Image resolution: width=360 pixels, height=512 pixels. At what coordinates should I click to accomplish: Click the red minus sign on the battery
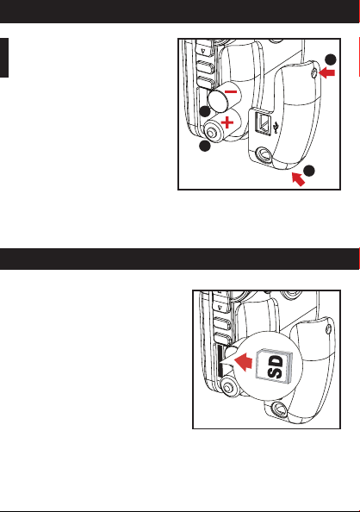231,91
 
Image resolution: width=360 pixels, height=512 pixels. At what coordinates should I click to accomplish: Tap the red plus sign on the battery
227,123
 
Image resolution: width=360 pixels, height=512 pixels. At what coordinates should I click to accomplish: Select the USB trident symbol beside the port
276,128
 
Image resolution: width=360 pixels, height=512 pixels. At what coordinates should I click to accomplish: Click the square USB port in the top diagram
263,122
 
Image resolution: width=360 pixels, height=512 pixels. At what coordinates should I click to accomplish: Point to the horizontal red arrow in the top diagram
326,72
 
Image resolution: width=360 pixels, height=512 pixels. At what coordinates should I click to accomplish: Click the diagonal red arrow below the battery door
298,179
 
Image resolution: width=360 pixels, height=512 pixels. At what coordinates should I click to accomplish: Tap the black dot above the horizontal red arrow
331,59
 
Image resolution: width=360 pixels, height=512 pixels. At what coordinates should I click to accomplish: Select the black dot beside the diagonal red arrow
309,171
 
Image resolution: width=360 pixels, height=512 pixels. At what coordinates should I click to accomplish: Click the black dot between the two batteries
205,112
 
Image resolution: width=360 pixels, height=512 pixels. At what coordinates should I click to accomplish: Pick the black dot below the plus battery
205,146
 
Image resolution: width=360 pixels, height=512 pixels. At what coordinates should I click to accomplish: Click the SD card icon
275,365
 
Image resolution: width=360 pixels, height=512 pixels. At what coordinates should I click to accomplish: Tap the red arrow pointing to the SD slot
244,362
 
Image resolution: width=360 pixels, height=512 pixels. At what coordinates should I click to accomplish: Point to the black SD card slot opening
220,360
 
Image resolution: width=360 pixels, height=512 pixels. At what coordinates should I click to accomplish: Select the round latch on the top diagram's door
263,154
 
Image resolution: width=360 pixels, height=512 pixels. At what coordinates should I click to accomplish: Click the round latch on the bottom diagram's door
279,409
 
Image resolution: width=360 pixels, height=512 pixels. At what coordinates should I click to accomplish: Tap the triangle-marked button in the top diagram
204,51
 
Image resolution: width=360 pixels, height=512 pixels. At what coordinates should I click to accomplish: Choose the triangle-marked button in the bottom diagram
220,307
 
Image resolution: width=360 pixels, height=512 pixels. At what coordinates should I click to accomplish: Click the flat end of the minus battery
219,101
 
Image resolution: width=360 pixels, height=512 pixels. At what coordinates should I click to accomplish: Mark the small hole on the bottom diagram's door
329,330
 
